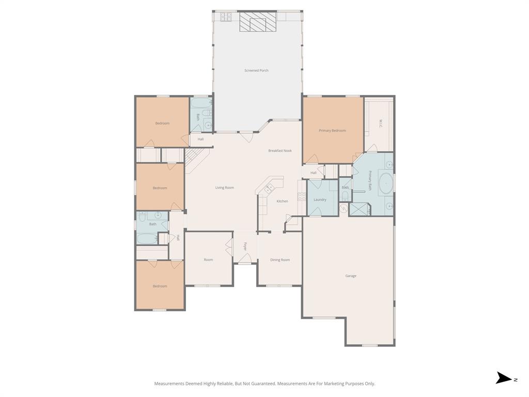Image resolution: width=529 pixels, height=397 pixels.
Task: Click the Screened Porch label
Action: pyautogui.click(x=256, y=70)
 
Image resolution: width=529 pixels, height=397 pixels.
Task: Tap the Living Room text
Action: pyautogui.click(x=225, y=188)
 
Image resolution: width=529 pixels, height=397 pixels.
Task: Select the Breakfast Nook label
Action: pyautogui.click(x=280, y=150)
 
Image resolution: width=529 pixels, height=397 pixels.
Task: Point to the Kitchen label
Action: pyautogui.click(x=282, y=201)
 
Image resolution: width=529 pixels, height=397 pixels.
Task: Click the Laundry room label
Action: pyautogui.click(x=320, y=200)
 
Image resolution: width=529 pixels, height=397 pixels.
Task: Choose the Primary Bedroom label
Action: pyautogui.click(x=332, y=131)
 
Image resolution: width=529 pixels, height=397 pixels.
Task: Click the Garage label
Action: pyautogui.click(x=351, y=276)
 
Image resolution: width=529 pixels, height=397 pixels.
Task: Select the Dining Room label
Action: pyautogui.click(x=280, y=260)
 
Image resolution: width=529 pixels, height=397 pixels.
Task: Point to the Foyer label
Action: pyautogui.click(x=245, y=247)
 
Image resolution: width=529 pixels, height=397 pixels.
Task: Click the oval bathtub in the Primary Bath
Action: pyautogui.click(x=386, y=184)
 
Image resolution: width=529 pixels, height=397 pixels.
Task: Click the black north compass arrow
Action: pyautogui.click(x=503, y=378)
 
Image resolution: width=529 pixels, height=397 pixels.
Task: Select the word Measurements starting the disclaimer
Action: pyautogui.click(x=169, y=384)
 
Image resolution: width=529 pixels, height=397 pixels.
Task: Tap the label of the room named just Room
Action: pyautogui.click(x=208, y=260)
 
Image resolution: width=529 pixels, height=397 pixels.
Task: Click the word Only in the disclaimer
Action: pyautogui.click(x=369, y=384)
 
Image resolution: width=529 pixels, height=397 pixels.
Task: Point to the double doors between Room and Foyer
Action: pyautogui.click(x=228, y=247)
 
